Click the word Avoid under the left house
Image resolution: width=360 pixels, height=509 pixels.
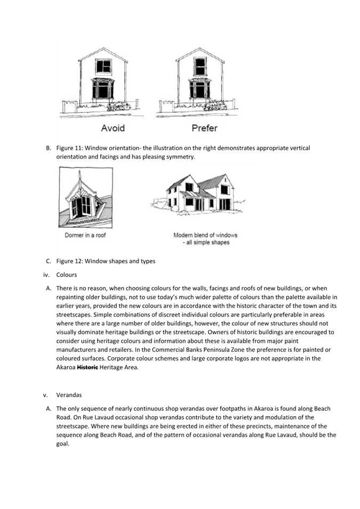tap(113, 128)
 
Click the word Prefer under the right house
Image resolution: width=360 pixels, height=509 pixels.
tap(204, 128)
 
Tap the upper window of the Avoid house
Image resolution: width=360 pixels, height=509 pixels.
tap(103, 66)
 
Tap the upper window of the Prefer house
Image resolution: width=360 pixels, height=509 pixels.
tap(200, 66)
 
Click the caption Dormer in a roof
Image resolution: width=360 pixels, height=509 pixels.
tap(85, 235)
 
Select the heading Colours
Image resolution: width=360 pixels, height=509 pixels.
tap(67, 274)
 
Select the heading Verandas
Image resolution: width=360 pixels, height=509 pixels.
tap(69, 395)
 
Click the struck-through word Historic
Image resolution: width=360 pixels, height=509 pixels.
tap(87, 367)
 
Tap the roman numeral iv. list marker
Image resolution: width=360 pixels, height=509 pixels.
tap(46, 274)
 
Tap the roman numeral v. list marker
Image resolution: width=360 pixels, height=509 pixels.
tap(45, 395)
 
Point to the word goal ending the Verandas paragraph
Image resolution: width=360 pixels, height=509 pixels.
tap(63, 444)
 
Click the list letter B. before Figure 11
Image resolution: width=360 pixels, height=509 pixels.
tap(49, 148)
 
